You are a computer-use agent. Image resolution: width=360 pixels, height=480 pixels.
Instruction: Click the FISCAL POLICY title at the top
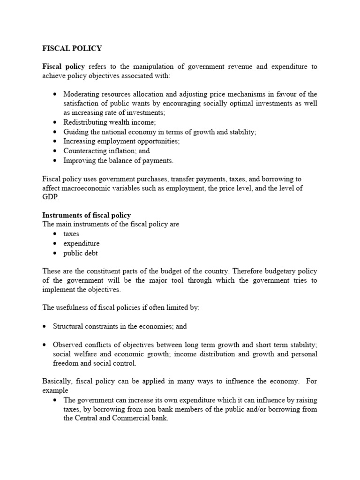coord(72,48)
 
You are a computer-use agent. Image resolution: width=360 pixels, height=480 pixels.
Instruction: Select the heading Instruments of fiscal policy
coord(86,215)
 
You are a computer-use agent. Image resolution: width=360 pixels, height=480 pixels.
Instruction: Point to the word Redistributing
coord(84,122)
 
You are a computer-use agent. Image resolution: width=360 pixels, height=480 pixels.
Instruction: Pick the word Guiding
coord(75,132)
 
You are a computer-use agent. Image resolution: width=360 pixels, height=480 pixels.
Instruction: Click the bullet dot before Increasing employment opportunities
coord(55,141)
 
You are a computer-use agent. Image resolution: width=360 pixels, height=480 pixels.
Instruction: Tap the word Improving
coord(78,161)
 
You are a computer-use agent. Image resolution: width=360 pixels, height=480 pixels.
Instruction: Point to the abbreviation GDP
coord(49,197)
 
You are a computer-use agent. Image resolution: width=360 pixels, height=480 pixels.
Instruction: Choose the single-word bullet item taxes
coord(71,233)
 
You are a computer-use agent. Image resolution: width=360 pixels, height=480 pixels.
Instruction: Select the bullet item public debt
coord(81,253)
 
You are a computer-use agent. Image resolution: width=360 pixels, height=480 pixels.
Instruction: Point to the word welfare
coord(82,353)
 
